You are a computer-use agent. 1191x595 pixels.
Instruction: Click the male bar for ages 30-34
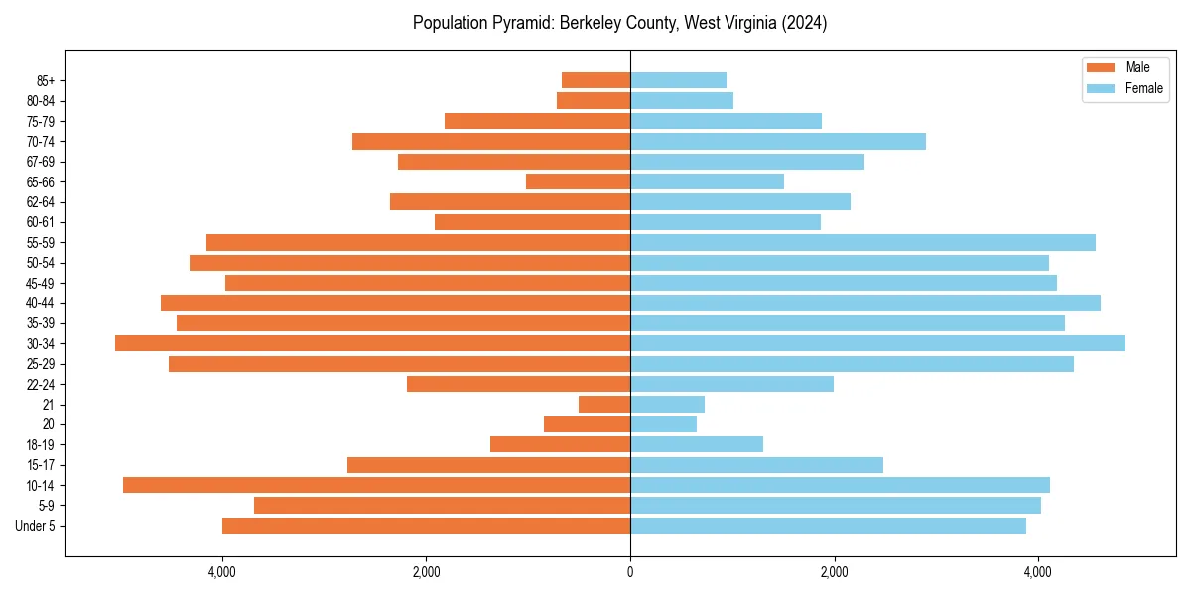372,343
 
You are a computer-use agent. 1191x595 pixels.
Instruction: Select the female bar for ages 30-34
877,343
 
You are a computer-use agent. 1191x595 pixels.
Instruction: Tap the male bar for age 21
604,405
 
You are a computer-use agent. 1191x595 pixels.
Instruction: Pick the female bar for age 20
663,424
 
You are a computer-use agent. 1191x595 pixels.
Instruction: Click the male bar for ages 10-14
376,485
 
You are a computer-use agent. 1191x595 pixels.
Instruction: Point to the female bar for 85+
678,80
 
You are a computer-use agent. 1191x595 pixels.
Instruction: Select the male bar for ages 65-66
578,181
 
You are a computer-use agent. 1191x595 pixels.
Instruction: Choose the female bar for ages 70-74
778,141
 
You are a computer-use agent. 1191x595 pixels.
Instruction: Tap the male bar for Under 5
426,526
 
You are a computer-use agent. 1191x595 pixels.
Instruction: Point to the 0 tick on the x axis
630,572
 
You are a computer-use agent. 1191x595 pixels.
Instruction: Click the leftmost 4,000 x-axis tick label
222,572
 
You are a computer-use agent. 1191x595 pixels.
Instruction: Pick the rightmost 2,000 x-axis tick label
834,572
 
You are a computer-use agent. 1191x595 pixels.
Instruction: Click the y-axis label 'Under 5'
35,526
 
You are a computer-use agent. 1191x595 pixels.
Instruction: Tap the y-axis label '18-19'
41,444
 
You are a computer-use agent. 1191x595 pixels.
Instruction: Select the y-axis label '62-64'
41,201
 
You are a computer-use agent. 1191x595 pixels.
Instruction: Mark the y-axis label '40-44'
41,302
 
